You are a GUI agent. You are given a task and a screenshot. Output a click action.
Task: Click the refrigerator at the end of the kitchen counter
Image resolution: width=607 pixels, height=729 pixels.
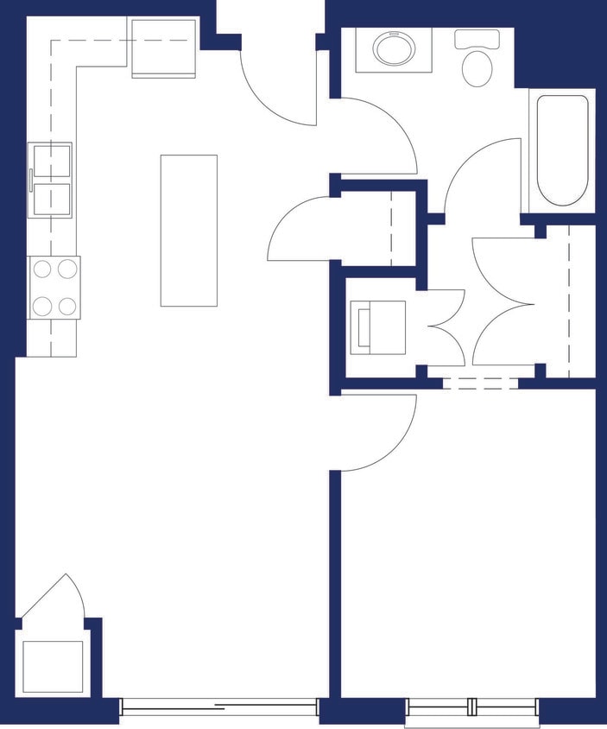pos(164,48)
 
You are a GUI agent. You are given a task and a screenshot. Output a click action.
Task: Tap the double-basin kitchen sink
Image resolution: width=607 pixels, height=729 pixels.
pos(52,180)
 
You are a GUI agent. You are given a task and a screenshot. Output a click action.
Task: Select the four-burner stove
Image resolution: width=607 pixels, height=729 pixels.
pos(54,288)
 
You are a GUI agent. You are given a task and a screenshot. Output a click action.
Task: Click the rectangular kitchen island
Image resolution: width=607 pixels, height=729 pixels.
pos(188,230)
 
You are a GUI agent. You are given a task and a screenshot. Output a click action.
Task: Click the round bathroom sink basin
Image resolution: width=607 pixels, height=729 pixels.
pos(394,48)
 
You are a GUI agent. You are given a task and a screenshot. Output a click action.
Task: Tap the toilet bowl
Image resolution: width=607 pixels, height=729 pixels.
pos(477,67)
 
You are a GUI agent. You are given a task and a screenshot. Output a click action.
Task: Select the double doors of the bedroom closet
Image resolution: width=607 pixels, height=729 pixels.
pos(505,302)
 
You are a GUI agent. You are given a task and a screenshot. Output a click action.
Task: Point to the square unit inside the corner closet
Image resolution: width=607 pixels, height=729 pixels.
pos(53,666)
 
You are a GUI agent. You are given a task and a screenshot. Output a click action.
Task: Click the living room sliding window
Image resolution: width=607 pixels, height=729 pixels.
pos(219,706)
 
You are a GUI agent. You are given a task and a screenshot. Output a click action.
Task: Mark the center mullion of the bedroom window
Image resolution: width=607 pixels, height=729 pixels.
pos(472,706)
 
